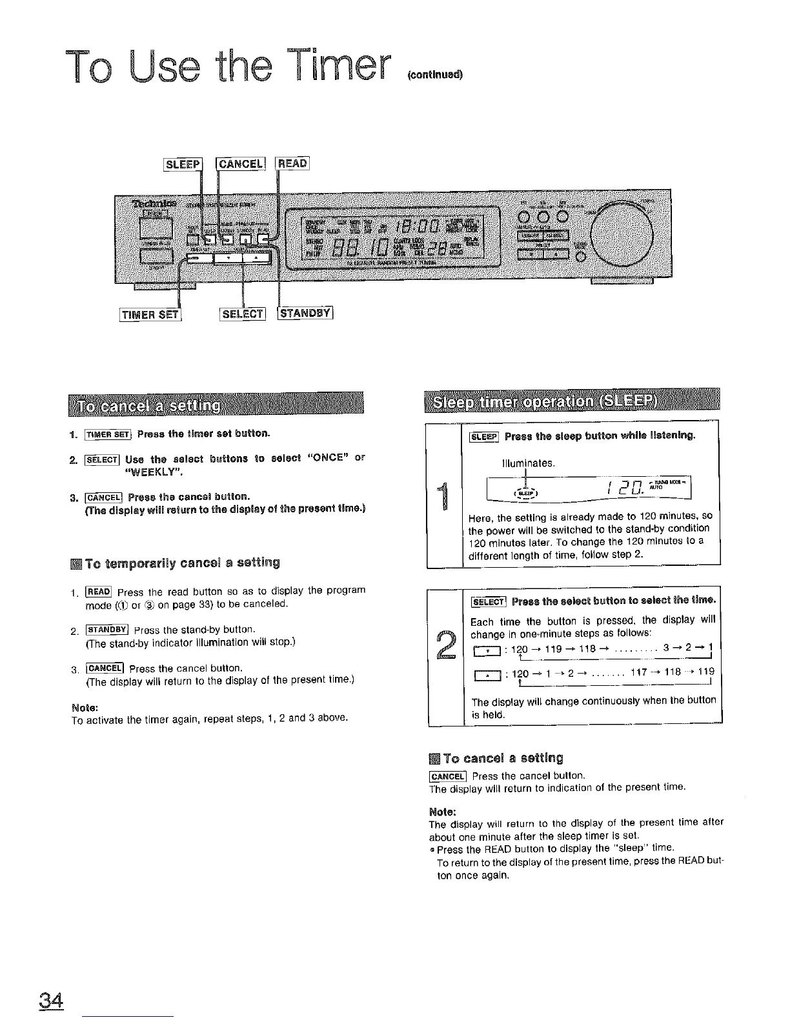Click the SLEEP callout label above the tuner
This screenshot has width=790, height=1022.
click(184, 164)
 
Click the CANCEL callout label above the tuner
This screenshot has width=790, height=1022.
click(240, 164)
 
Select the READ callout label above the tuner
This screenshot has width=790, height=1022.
click(294, 164)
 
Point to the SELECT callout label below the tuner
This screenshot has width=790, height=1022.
click(242, 315)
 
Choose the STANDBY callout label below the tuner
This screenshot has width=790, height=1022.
click(305, 315)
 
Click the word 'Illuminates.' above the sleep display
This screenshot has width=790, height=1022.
click(528, 463)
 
